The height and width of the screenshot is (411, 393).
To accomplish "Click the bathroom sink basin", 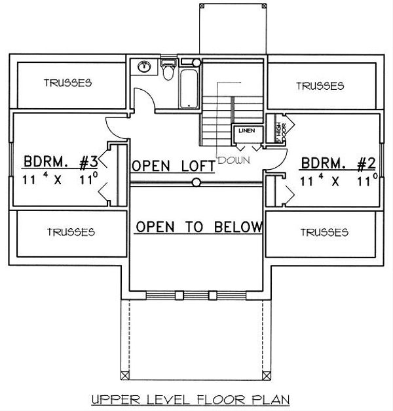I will coord(144,67).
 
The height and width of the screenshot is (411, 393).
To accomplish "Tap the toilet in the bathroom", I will coord(168,71).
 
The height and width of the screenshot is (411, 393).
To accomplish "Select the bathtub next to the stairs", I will coord(190,85).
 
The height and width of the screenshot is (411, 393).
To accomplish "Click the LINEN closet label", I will coord(247,131).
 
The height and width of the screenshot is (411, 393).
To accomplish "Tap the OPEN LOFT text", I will coord(174,166).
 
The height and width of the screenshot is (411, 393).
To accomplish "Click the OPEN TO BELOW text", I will coord(198,227).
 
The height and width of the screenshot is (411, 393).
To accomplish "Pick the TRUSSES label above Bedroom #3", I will coord(67,83).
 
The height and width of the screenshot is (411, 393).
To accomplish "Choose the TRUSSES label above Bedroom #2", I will coord(320,86).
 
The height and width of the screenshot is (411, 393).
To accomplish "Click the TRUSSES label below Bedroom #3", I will coord(71,232).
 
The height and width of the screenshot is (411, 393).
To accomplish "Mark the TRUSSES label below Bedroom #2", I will coord(324,232).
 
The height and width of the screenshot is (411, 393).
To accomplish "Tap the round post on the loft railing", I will coord(196,184).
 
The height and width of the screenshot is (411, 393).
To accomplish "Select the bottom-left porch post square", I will coord(125,376).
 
